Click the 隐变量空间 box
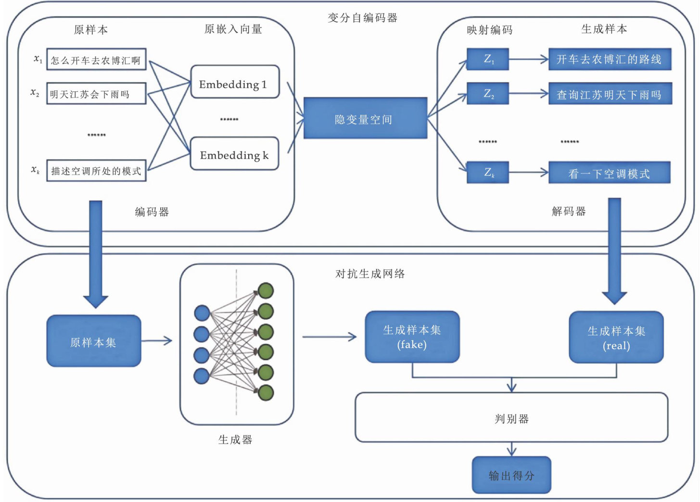(x=365, y=118)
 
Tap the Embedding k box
(x=235, y=154)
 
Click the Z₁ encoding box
(x=487, y=59)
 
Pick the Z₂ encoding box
(x=487, y=94)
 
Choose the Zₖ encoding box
(x=487, y=173)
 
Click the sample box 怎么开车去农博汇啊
(x=96, y=60)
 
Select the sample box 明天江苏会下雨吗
(x=96, y=93)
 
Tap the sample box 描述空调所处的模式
(x=96, y=171)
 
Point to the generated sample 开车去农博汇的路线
(x=610, y=59)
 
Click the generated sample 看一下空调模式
(x=610, y=173)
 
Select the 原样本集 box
(x=94, y=341)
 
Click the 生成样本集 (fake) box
(x=412, y=337)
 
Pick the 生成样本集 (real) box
(x=616, y=338)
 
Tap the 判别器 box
(x=511, y=418)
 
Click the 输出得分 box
(x=511, y=475)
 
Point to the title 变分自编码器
(x=362, y=18)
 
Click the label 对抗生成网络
(x=370, y=274)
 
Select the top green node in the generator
(x=266, y=290)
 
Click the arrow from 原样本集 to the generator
(x=157, y=341)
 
